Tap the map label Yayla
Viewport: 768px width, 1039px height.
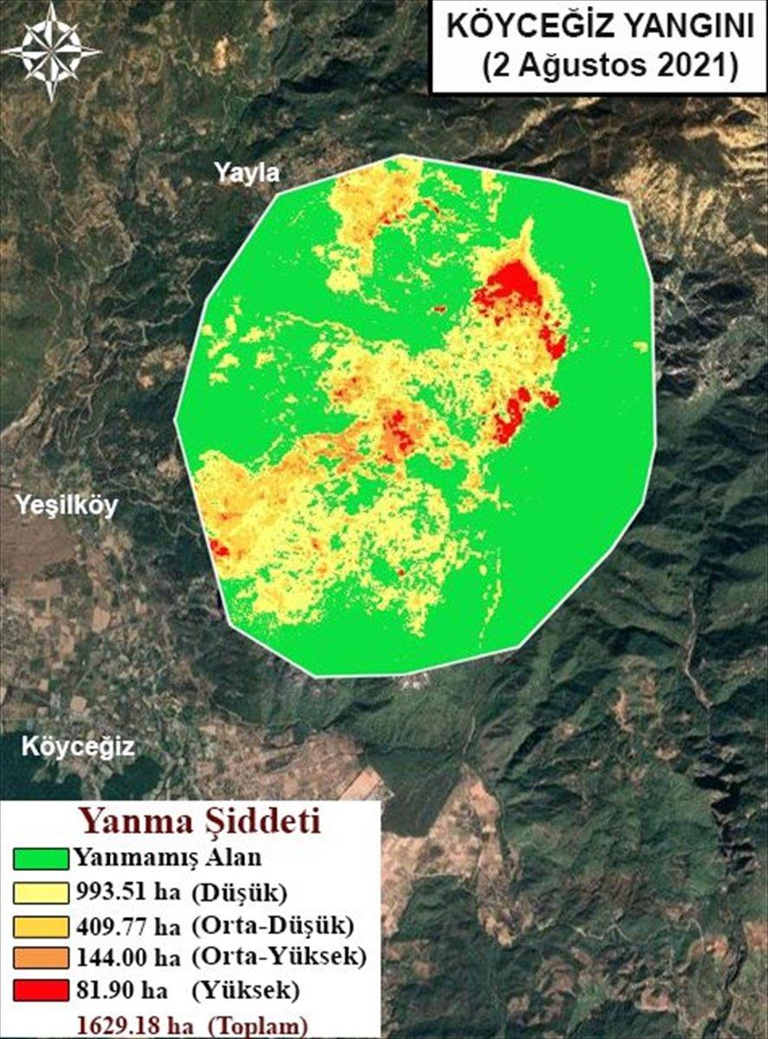248,174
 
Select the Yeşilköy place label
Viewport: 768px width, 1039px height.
68,507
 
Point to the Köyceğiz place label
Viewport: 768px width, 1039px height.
78,746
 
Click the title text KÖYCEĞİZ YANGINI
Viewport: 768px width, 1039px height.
600,29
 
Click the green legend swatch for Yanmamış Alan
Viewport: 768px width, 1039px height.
42,859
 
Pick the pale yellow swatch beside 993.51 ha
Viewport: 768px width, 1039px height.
42,892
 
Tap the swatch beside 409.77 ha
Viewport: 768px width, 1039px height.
42,925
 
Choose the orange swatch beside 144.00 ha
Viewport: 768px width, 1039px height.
42,957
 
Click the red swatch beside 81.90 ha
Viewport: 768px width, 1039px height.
42,989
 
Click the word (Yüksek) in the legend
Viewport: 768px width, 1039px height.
248,989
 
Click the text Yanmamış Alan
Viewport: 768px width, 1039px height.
155,859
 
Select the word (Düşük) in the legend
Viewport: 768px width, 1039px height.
239,892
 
